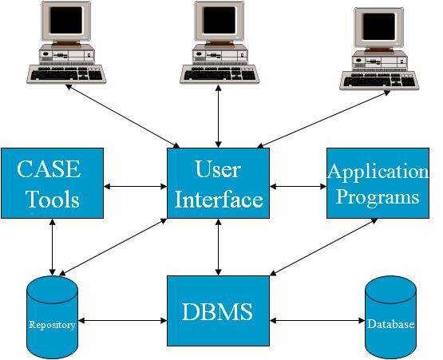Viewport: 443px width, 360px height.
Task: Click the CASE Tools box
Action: coord(52,183)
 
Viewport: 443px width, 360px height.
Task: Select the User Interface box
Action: coord(218,183)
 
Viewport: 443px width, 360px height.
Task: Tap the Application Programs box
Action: coord(378,183)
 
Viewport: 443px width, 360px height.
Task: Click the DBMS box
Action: coord(218,310)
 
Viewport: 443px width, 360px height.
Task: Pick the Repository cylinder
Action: coord(52,318)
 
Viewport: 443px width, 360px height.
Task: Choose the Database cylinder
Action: coord(390,318)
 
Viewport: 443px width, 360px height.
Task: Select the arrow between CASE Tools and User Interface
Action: coord(135,188)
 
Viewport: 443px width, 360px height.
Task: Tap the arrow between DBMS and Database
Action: coord(318,322)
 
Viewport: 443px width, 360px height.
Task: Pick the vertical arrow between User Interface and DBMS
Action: coord(218,247)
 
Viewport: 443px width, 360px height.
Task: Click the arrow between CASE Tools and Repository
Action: coord(52,246)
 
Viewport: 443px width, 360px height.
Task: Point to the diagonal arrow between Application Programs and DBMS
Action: coord(323,247)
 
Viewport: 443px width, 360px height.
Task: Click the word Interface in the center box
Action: coord(218,198)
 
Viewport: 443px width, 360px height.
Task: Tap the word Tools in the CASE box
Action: coord(52,198)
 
